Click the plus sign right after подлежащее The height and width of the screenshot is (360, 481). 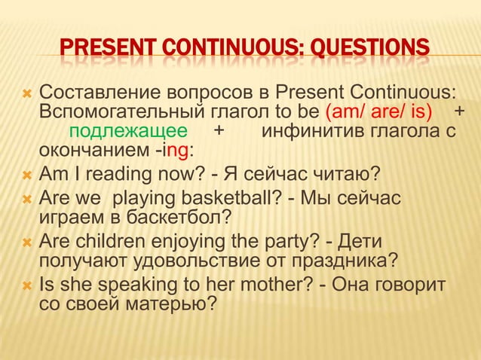(219, 133)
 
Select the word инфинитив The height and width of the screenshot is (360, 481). (310, 133)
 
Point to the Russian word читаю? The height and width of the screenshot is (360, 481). (342, 176)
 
